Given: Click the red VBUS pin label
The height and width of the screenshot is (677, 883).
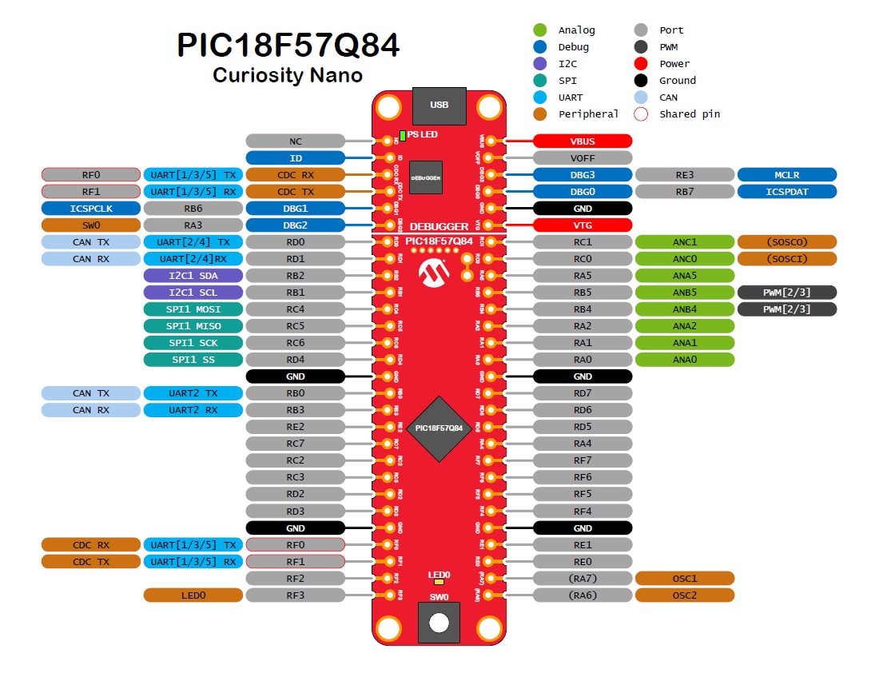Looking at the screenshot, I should (x=583, y=141).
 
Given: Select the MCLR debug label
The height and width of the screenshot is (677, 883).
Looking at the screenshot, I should (x=787, y=175).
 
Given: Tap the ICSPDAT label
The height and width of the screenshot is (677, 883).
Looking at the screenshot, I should (x=787, y=192).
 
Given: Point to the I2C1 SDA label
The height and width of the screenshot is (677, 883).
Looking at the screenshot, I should (x=193, y=276).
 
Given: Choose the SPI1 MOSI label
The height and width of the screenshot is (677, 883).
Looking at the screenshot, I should (x=193, y=309).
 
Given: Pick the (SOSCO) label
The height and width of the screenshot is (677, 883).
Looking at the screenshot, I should (x=787, y=242).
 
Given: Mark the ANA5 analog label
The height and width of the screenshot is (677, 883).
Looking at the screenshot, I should (x=685, y=276).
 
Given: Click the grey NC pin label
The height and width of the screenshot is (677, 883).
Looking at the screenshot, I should (x=295, y=141).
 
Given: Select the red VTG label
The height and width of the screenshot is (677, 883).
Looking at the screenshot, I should (x=583, y=225).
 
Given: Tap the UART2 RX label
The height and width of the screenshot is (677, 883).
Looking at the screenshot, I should (x=193, y=410).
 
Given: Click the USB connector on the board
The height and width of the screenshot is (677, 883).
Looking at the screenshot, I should (x=439, y=106).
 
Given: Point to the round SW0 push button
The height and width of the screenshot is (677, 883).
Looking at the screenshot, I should (x=439, y=623).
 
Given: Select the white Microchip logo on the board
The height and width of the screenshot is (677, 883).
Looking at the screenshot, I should (x=435, y=273).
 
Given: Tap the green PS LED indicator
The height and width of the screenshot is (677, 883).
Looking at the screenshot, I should (x=403, y=135).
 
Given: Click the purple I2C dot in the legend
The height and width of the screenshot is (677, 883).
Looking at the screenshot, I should (x=540, y=64).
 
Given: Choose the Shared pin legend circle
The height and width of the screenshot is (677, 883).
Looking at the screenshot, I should (x=641, y=114).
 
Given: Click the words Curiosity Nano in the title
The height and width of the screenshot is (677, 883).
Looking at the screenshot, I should (x=288, y=75).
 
